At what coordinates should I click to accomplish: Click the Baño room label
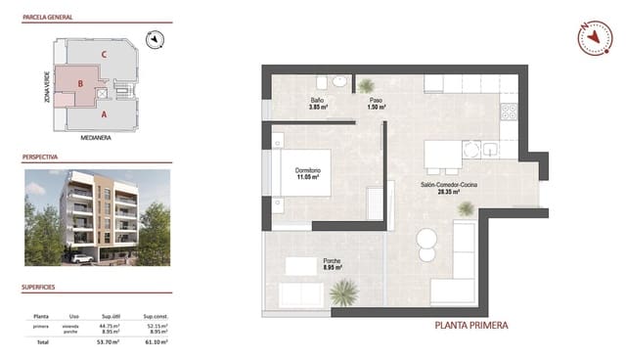(x=317, y=103)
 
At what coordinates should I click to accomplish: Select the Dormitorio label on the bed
(x=308, y=174)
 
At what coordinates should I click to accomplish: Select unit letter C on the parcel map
(x=104, y=54)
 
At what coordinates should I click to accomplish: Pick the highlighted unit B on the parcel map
(x=79, y=84)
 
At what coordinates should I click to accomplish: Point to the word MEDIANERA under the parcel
(x=94, y=138)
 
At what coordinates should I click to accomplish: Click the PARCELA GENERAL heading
(x=49, y=18)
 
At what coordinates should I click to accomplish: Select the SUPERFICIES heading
(x=42, y=289)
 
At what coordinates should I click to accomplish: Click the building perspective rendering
(x=96, y=216)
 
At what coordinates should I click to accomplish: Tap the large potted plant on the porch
(x=343, y=292)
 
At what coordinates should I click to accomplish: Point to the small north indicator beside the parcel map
(x=154, y=39)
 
